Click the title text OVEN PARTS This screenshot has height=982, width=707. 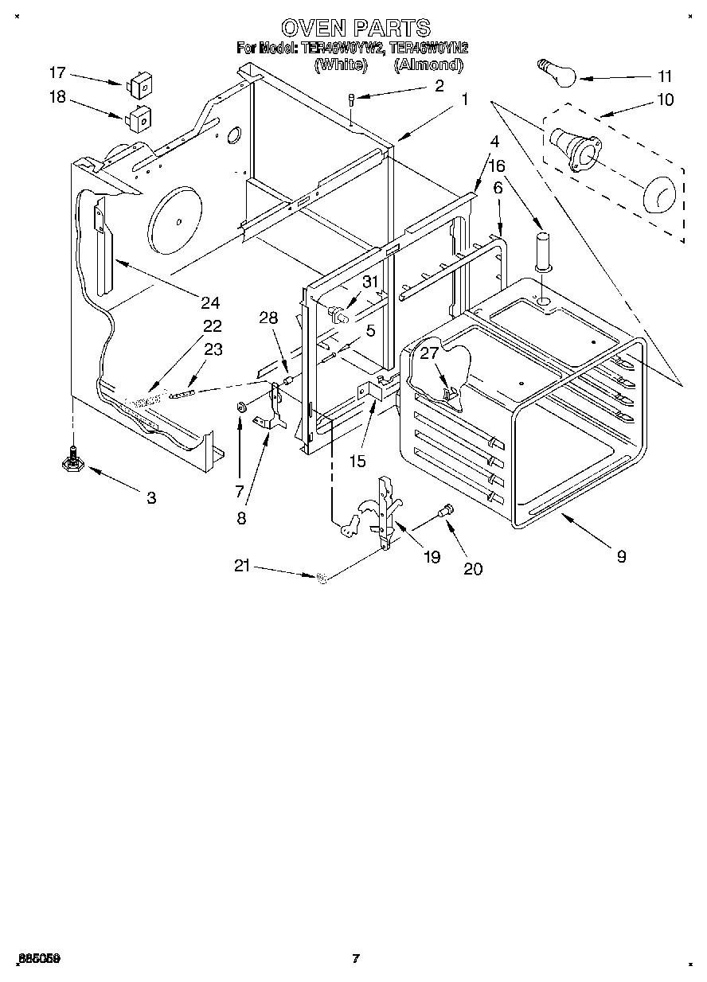[355, 29]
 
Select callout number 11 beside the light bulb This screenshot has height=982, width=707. [664, 76]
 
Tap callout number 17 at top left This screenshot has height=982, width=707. [57, 73]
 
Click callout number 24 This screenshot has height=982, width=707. [210, 302]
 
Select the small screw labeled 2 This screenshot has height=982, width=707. [351, 101]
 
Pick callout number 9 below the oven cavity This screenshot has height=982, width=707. [621, 556]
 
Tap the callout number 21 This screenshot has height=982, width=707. [242, 566]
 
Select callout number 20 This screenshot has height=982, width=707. [473, 568]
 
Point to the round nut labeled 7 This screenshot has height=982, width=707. [240, 408]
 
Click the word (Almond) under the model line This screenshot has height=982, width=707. [428, 65]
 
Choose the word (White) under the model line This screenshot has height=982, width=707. [340, 65]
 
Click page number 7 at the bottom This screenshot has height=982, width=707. [355, 959]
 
